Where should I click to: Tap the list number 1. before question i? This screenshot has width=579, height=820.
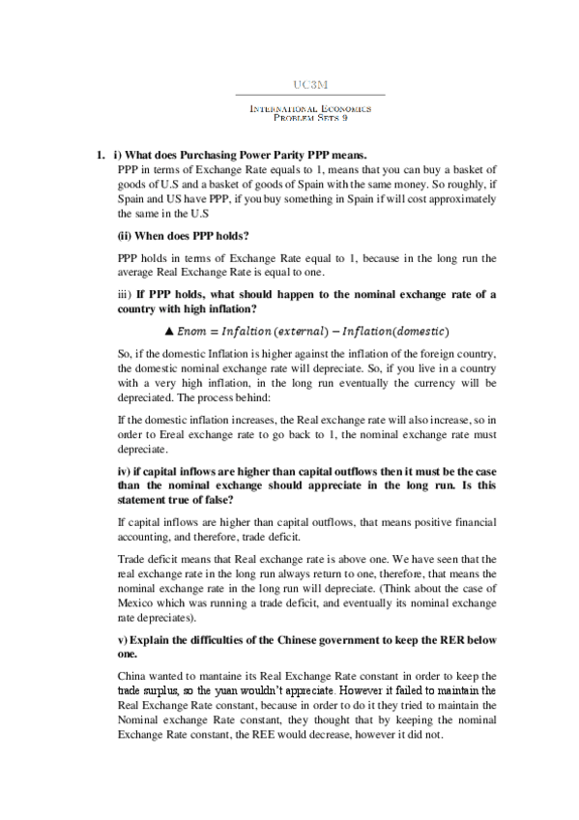point(100,156)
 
